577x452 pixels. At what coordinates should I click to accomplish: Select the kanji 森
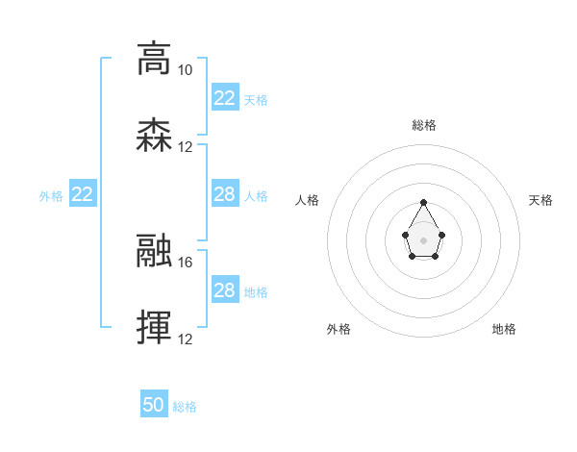[x=154, y=136]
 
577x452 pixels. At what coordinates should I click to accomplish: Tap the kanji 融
[x=154, y=251]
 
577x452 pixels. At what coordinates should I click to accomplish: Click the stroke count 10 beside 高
[x=185, y=70]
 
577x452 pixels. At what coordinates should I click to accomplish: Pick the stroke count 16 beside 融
[x=185, y=262]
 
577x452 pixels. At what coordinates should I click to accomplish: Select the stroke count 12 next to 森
[x=185, y=147]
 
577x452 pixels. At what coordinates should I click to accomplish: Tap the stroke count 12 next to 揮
[x=185, y=339]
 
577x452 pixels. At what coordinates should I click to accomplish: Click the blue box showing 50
[x=154, y=405]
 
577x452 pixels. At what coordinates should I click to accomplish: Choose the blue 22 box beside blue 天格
[x=224, y=98]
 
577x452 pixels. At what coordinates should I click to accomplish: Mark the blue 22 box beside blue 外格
[x=83, y=194]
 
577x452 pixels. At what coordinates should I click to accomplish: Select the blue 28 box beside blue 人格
[x=224, y=194]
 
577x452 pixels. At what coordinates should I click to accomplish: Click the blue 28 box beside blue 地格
[x=224, y=290]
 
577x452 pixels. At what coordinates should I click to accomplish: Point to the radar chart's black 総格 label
[x=424, y=125]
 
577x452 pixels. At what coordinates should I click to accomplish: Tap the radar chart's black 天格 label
[x=540, y=200]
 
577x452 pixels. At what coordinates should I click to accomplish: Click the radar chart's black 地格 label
[x=504, y=329]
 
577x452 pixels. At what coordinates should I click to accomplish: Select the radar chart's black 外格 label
[x=339, y=329]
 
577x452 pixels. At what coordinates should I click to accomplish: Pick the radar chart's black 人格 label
[x=308, y=200]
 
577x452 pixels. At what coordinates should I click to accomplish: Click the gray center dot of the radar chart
[x=424, y=239]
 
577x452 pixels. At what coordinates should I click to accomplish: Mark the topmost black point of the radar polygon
[x=424, y=202]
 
